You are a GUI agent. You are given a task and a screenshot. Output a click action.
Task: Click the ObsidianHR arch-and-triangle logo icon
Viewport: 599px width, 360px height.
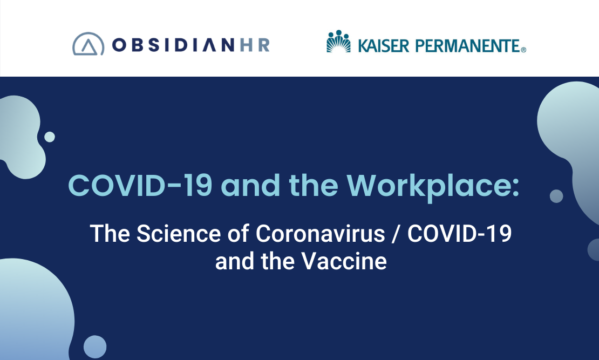click(89, 44)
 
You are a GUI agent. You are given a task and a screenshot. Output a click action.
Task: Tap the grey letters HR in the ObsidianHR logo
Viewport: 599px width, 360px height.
click(255, 45)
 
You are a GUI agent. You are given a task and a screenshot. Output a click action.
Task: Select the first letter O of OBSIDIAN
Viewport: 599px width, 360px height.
click(119, 45)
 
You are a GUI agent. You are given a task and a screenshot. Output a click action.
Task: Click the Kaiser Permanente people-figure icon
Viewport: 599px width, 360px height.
click(338, 41)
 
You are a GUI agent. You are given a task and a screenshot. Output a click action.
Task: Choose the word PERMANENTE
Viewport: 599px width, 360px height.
click(467, 46)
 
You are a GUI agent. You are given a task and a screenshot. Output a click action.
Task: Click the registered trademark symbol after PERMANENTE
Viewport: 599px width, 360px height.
click(523, 50)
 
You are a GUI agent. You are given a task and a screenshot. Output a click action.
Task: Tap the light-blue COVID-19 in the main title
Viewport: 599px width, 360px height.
click(140, 185)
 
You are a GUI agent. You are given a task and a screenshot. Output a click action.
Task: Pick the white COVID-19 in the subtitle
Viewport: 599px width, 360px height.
click(460, 234)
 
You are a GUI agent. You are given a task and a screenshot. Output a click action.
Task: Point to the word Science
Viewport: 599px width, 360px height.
click(179, 234)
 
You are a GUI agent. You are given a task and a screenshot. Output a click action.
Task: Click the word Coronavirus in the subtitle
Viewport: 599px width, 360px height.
click(320, 234)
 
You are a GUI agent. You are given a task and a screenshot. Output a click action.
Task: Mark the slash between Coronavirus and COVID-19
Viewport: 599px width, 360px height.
click(396, 234)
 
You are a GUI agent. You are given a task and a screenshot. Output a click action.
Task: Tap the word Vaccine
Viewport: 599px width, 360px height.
click(344, 261)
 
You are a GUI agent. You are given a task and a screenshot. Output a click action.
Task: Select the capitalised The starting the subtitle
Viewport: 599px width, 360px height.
click(110, 234)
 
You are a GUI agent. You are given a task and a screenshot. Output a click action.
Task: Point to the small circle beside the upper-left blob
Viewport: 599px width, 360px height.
click(50, 137)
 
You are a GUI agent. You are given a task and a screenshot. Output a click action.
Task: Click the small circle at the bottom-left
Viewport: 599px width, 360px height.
click(95, 347)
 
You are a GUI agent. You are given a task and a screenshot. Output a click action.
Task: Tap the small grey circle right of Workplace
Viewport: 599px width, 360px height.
click(556, 196)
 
